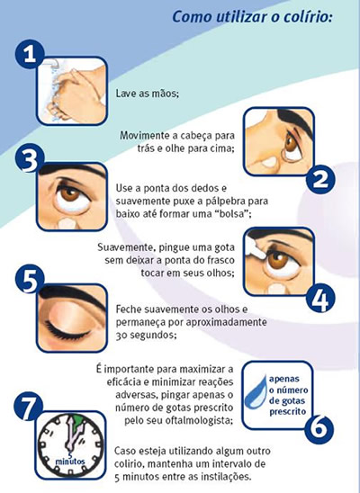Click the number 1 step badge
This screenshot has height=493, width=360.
(x=30, y=54)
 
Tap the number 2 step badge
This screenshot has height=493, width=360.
(x=320, y=179)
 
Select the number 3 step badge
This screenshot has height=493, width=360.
(x=29, y=161)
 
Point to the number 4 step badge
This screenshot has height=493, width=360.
(x=321, y=299)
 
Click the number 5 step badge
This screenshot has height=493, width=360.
(x=29, y=280)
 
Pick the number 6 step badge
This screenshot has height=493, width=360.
(x=319, y=429)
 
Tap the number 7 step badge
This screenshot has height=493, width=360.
(x=28, y=408)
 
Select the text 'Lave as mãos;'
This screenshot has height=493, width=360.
(x=148, y=94)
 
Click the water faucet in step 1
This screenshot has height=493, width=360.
(x=51, y=63)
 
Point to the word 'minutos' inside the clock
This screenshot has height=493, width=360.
(x=70, y=462)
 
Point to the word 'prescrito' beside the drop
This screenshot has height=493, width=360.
(x=287, y=411)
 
